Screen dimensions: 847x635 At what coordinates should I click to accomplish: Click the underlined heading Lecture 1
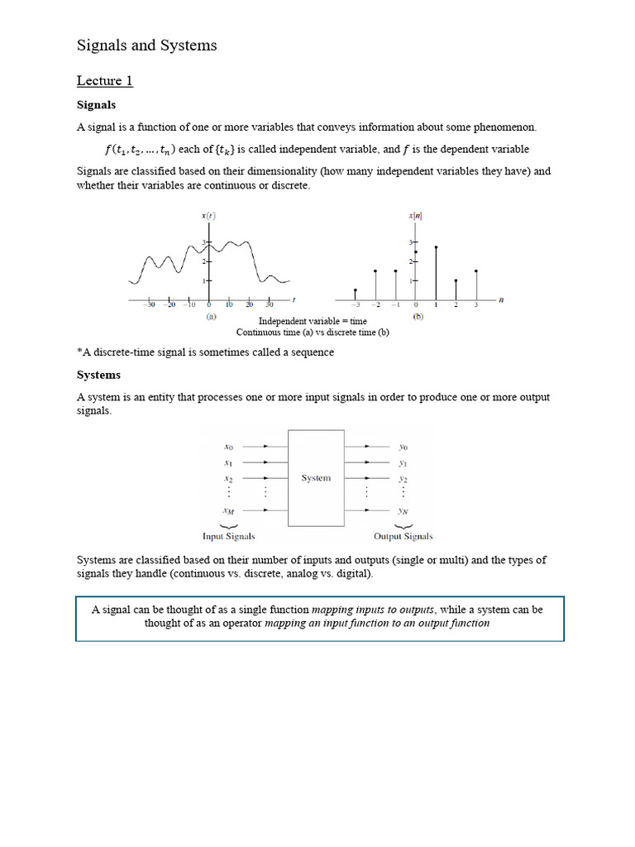point(105,80)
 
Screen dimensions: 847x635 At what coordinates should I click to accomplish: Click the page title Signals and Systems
point(147,45)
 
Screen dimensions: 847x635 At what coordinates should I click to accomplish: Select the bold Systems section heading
point(98,375)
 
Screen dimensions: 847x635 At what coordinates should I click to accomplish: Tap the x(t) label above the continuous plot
point(208,215)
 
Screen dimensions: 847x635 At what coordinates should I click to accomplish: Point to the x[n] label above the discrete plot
point(415,215)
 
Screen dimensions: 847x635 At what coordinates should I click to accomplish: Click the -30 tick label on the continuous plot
point(149,304)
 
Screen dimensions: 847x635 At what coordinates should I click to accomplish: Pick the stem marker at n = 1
point(436,247)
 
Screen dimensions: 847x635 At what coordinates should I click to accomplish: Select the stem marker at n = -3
point(356,290)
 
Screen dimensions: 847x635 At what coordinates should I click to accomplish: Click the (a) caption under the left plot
point(211,316)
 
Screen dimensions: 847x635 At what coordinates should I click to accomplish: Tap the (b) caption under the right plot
point(418,316)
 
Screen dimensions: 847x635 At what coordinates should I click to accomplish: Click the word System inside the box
point(316,477)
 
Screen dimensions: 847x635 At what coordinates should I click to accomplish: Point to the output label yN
point(403,511)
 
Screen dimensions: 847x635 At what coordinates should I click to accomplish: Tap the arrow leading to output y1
point(368,462)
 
